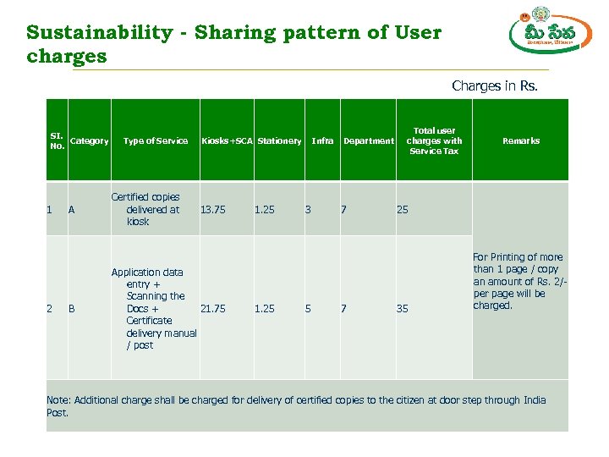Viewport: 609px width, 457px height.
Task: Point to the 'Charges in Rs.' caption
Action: (x=495, y=85)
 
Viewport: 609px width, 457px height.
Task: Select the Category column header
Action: (x=89, y=141)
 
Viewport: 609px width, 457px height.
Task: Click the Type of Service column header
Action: (x=156, y=141)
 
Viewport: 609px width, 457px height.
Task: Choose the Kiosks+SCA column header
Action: (x=227, y=141)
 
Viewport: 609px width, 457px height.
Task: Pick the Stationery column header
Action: (x=279, y=141)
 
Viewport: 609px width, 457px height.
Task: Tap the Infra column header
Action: (x=322, y=141)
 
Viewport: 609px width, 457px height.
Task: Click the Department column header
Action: (x=368, y=141)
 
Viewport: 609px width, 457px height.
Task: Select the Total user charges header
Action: (x=434, y=140)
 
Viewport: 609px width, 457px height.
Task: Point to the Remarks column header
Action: (x=521, y=141)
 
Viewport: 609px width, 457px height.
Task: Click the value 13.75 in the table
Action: (x=212, y=210)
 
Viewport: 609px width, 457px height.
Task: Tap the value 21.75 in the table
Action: (x=212, y=309)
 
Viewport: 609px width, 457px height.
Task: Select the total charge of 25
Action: (x=403, y=210)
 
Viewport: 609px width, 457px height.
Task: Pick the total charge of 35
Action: (x=403, y=309)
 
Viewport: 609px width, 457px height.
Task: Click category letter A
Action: (x=72, y=210)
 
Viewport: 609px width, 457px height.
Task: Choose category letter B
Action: (x=72, y=309)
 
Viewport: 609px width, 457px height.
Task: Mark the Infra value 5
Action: (x=308, y=309)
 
